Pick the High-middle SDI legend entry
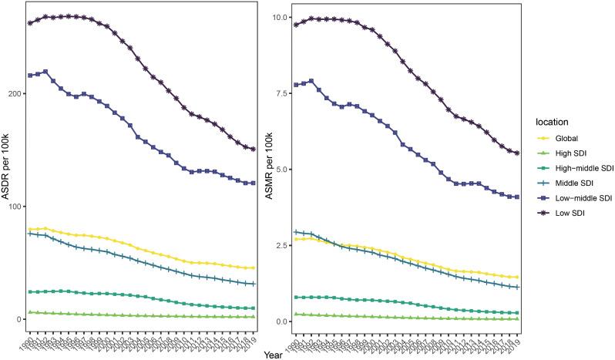coord(583,169)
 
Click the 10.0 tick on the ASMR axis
coord(281,17)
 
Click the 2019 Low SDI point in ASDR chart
coord(253,149)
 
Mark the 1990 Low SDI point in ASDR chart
coord(30,23)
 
